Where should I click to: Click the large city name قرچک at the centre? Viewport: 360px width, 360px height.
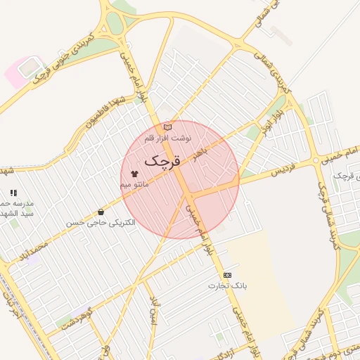pyautogui.click(x=162, y=160)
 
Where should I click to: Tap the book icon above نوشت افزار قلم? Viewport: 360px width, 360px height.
pyautogui.click(x=167, y=127)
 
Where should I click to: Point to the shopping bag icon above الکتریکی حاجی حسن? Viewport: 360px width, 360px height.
pyautogui.click(x=101, y=212)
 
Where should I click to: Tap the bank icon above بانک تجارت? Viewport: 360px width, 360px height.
pyautogui.click(x=226, y=275)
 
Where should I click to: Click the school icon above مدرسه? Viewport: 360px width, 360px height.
pyautogui.click(x=13, y=192)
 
